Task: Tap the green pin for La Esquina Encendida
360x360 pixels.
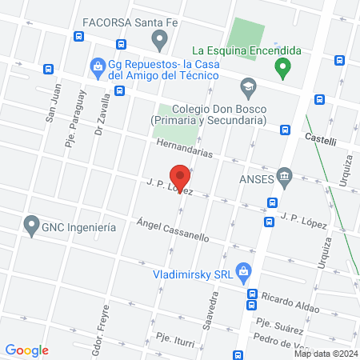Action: (282, 69)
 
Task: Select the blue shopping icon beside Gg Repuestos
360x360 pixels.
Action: (98, 64)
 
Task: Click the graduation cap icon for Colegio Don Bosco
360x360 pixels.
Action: (247, 85)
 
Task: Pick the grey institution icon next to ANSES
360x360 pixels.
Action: (283, 176)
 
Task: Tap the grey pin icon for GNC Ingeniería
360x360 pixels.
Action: (32, 226)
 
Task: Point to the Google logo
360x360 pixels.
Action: (26, 350)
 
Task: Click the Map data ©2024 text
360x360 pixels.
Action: (324, 354)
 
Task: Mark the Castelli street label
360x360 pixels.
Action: (321, 139)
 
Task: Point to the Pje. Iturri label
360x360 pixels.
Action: (175, 339)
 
